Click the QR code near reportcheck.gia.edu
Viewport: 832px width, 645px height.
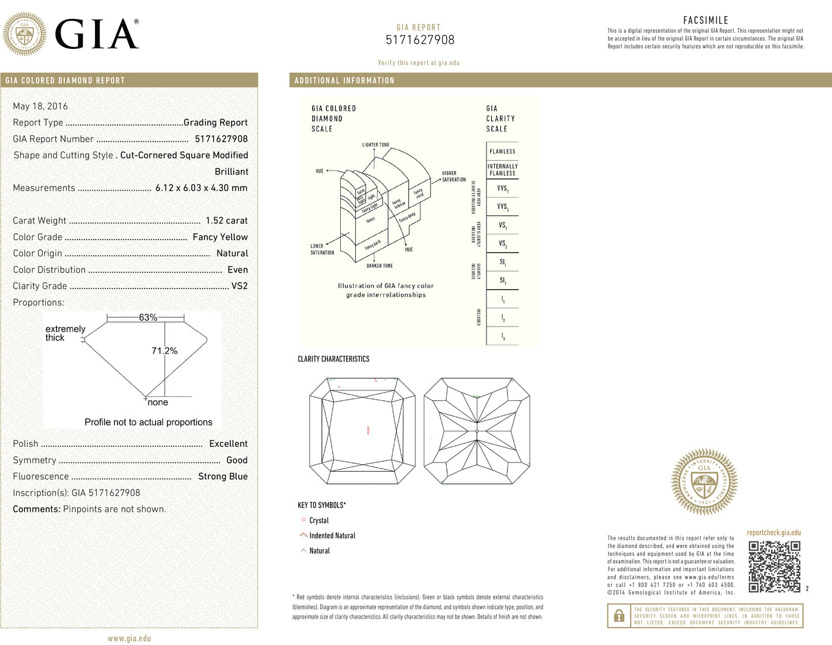tap(774, 567)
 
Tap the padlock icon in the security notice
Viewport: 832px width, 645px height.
tap(619, 616)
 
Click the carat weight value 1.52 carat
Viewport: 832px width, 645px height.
tap(226, 221)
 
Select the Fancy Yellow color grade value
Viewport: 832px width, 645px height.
tap(220, 237)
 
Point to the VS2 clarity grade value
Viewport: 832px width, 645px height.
tap(240, 286)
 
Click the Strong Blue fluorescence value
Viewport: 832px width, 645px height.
tap(223, 476)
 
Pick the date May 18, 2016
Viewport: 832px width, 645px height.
tap(40, 106)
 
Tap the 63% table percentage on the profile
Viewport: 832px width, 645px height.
tap(148, 317)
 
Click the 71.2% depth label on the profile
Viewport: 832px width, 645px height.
tap(165, 351)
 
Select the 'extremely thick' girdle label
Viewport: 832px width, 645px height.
tap(65, 333)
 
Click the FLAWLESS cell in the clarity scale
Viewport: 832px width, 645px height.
tap(502, 151)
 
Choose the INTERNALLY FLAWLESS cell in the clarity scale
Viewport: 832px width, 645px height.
tap(502, 169)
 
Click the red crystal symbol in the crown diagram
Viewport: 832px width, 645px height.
tap(368, 430)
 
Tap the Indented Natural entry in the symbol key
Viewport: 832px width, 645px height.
tap(332, 536)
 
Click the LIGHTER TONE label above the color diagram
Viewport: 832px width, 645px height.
tap(375, 145)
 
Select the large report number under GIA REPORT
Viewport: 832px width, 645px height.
tap(420, 40)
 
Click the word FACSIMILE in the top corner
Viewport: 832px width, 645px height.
tap(705, 20)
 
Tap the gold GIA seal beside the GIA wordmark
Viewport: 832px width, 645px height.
tap(25, 33)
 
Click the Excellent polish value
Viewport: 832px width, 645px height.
tap(228, 443)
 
